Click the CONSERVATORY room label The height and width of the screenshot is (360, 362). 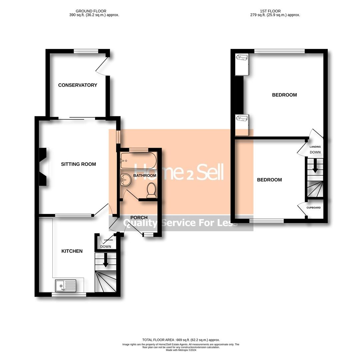78,85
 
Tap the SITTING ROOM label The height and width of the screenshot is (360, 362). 78,164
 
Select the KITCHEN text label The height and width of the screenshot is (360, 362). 72,251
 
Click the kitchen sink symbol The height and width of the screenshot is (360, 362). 66,286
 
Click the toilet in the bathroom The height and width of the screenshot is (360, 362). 151,190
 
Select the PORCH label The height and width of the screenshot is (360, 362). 139,218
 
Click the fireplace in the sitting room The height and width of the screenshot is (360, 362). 44,167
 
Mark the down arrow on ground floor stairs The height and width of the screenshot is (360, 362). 106,260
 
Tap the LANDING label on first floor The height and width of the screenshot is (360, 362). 315,147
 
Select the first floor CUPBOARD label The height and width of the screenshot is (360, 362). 314,208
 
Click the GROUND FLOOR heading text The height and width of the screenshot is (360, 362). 91,11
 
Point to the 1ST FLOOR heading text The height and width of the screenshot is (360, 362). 270,11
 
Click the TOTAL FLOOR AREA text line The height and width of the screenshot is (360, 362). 181,340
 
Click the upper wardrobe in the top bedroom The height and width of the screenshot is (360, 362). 242,64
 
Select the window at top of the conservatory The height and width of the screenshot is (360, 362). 86,51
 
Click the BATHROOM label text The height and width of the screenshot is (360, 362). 145,175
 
